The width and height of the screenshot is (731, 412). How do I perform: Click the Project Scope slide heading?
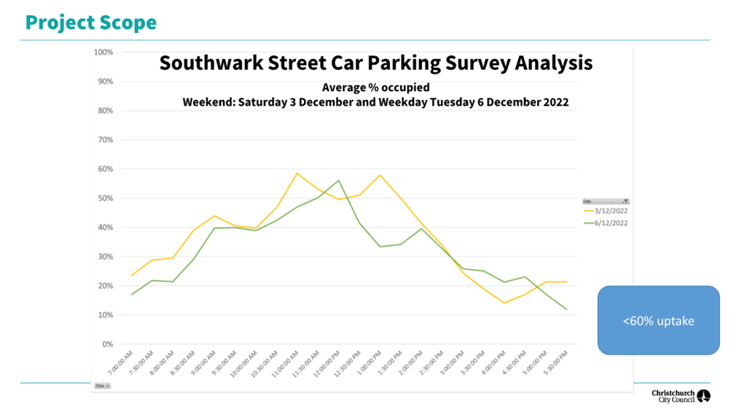click(91, 23)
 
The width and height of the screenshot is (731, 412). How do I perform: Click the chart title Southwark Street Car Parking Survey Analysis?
click(375, 63)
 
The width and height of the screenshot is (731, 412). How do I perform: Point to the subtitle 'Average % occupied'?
click(375, 88)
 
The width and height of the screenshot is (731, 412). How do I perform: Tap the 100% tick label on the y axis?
click(103, 53)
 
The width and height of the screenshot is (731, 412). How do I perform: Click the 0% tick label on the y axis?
click(107, 344)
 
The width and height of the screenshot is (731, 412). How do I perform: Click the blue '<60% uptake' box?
click(658, 321)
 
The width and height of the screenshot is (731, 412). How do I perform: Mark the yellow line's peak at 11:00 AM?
click(297, 174)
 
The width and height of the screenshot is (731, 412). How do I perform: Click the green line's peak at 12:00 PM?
click(338, 181)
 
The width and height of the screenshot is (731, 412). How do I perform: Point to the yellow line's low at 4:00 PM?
click(504, 303)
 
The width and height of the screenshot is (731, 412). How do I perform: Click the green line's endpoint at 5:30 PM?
click(566, 309)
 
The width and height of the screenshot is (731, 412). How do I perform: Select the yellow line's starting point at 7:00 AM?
click(131, 275)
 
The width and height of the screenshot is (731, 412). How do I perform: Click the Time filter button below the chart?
click(102, 386)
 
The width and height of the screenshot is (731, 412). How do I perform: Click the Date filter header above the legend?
click(605, 201)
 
